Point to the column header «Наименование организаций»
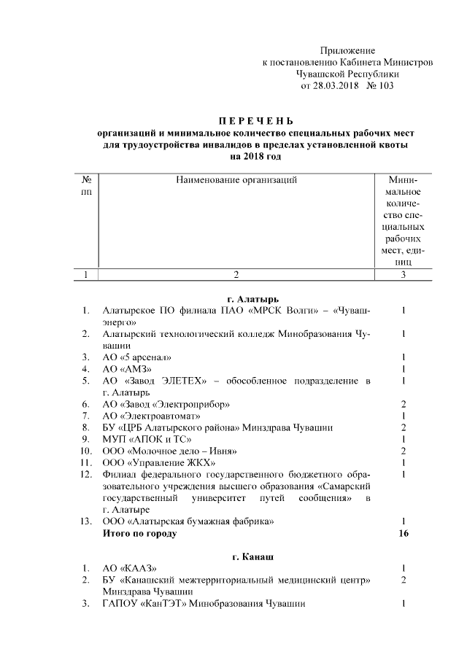click(x=236, y=179)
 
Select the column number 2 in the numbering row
click(x=236, y=275)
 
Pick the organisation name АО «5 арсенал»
click(x=137, y=357)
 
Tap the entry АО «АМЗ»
click(x=127, y=369)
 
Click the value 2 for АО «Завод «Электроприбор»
click(x=403, y=404)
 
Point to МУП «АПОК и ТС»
click(x=147, y=439)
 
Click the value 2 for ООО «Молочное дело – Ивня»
click(x=403, y=451)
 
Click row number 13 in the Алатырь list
click(x=85, y=521)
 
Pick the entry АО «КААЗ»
click(x=129, y=569)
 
